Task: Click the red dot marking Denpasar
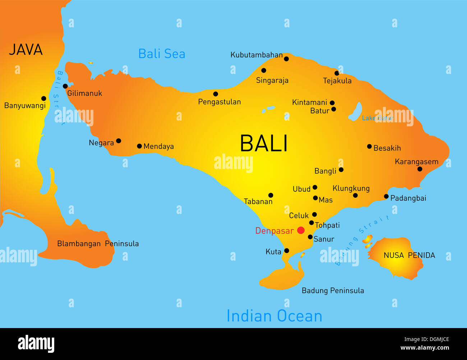pyautogui.click(x=301, y=230)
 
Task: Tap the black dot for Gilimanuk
pyautogui.click(x=65, y=86)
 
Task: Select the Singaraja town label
pyautogui.click(x=272, y=80)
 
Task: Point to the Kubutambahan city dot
pyautogui.click(x=286, y=59)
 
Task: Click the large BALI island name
pyautogui.click(x=264, y=144)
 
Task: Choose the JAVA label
pyautogui.click(x=26, y=50)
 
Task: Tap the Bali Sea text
pyautogui.click(x=162, y=54)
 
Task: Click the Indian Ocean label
pyautogui.click(x=274, y=316)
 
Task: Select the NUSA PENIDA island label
pyautogui.click(x=409, y=255)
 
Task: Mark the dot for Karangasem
pyautogui.click(x=420, y=169)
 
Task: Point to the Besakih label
pyautogui.click(x=387, y=148)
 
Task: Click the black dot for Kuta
pyautogui.click(x=287, y=251)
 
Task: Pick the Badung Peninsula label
pyautogui.click(x=333, y=291)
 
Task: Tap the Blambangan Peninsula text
pyautogui.click(x=98, y=244)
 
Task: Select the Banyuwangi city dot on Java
pyautogui.click(x=44, y=98)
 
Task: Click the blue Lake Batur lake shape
pyautogui.click(x=356, y=112)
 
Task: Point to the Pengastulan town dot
pyautogui.click(x=216, y=94)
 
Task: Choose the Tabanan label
pyautogui.click(x=258, y=202)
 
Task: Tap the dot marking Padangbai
pyautogui.click(x=386, y=196)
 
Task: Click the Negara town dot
pyautogui.click(x=119, y=141)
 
